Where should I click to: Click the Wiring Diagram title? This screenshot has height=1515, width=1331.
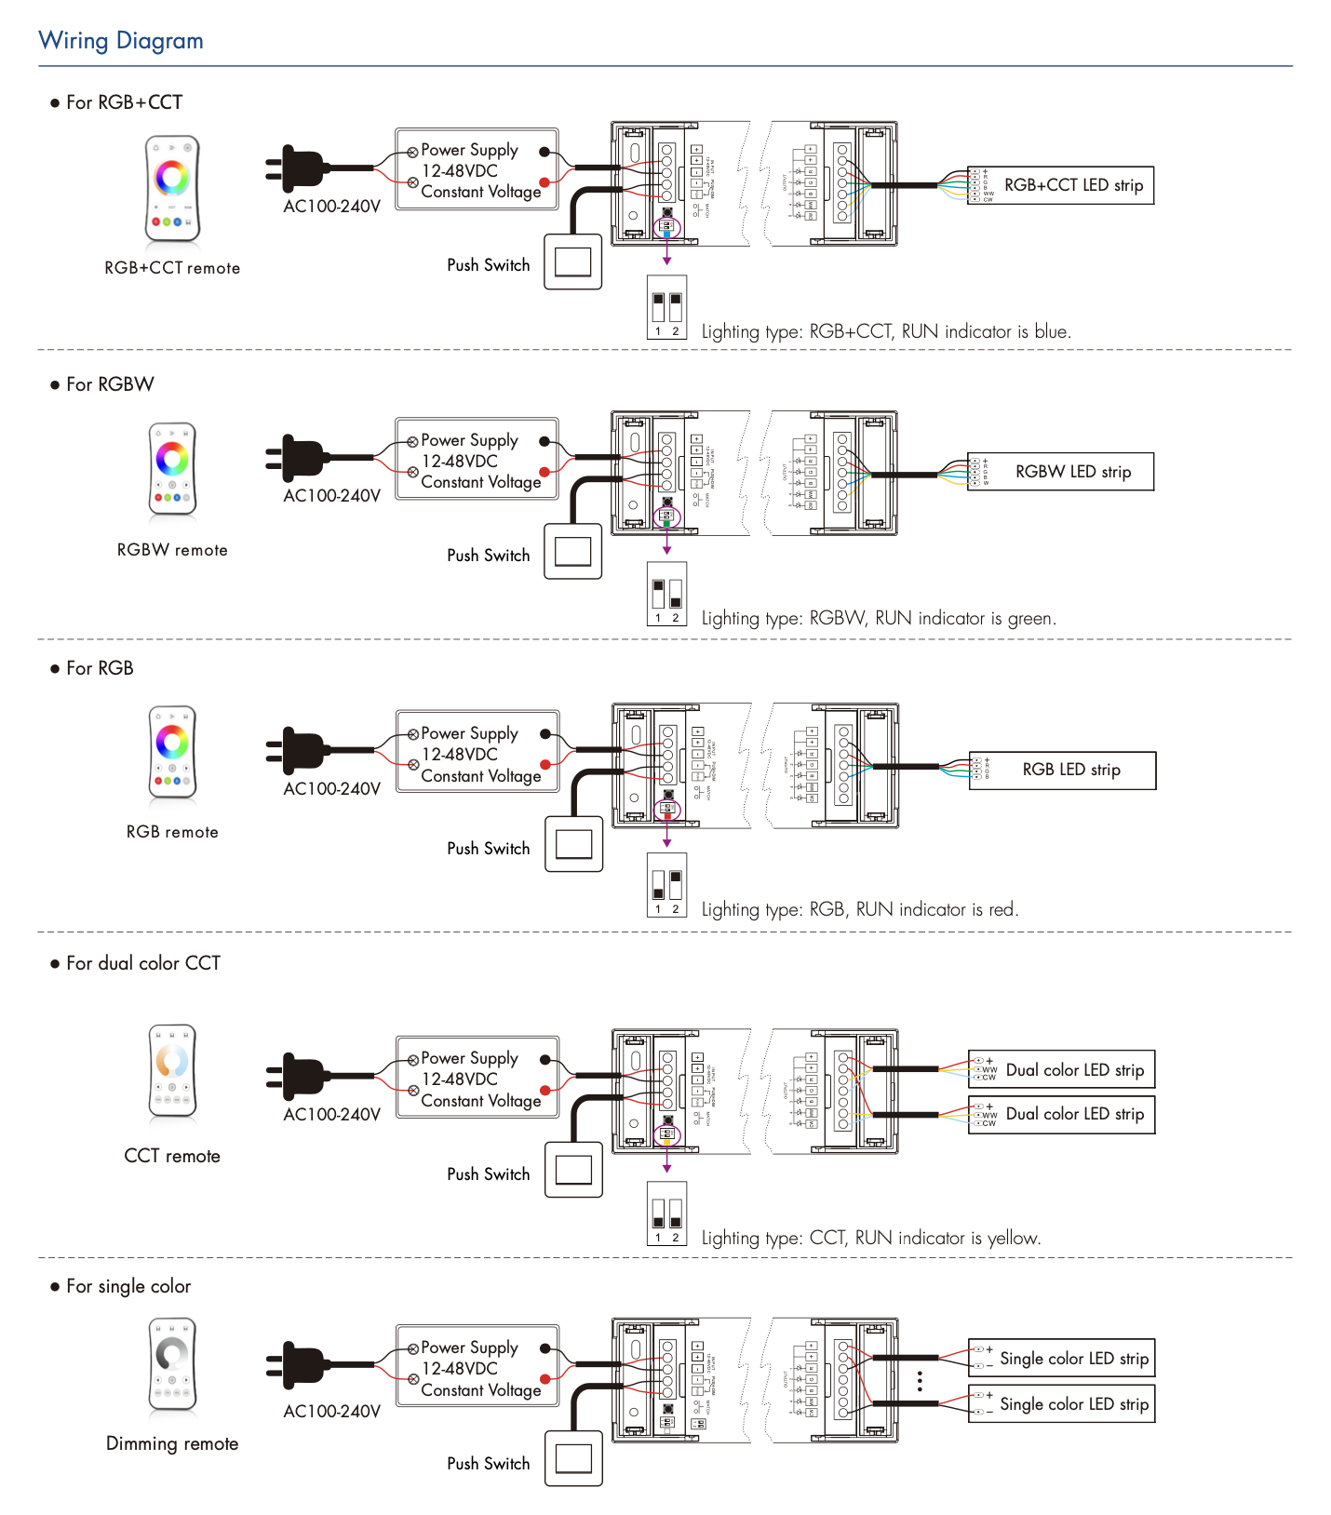(x=121, y=41)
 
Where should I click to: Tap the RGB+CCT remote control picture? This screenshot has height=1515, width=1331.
(x=172, y=189)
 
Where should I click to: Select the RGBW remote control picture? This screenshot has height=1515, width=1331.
(x=172, y=469)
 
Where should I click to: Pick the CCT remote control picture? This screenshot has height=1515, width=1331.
(x=172, y=1070)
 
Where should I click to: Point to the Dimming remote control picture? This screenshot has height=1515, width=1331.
(x=172, y=1363)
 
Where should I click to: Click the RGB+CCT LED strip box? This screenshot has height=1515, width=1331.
(x=1061, y=185)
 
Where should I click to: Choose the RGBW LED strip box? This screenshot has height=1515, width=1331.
(x=1061, y=472)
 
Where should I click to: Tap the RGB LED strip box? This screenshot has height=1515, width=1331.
(x=1063, y=770)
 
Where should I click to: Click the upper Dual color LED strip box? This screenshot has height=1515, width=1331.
(x=1062, y=1069)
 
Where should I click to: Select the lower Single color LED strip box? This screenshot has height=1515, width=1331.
(x=1062, y=1403)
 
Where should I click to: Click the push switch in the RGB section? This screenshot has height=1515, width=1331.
(x=573, y=844)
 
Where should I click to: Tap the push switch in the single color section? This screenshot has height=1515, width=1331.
(x=573, y=1458)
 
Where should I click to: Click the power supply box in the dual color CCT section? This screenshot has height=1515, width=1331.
(x=477, y=1078)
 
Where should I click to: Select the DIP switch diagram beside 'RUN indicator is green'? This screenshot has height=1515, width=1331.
(x=667, y=594)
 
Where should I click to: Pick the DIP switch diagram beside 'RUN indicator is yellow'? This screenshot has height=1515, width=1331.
(x=667, y=1213)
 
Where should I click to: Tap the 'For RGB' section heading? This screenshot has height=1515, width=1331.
(x=100, y=668)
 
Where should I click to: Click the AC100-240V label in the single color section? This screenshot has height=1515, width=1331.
(x=332, y=1411)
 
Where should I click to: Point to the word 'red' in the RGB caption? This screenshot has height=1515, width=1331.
(x=1002, y=909)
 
